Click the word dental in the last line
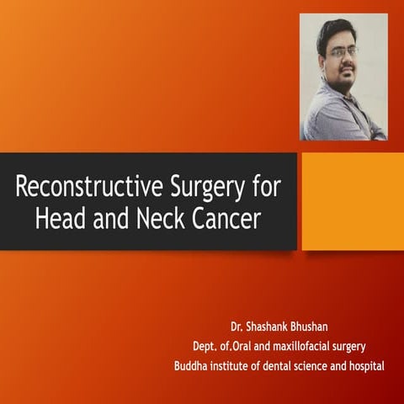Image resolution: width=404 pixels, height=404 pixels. point(270,365)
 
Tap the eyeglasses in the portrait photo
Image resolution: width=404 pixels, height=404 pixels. point(343,51)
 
